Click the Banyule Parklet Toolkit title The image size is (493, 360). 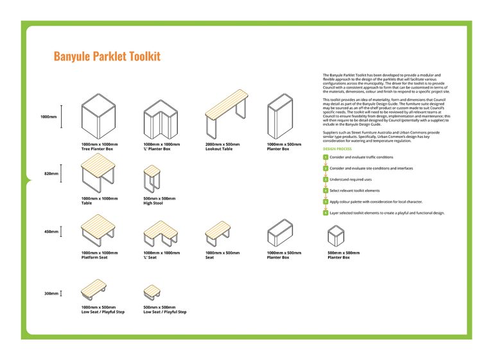[x=107, y=56]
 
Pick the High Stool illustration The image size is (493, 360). [x=151, y=178]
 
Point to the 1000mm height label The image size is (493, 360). [x=48, y=117]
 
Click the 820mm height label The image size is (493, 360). [x=51, y=173]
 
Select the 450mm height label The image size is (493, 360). [x=51, y=231]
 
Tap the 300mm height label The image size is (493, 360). [x=51, y=293]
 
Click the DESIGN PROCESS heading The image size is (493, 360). [x=337, y=149]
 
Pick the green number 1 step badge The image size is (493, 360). [x=325, y=157]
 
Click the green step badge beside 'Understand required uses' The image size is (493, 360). [x=325, y=179]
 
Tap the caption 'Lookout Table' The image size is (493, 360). [x=219, y=149]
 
